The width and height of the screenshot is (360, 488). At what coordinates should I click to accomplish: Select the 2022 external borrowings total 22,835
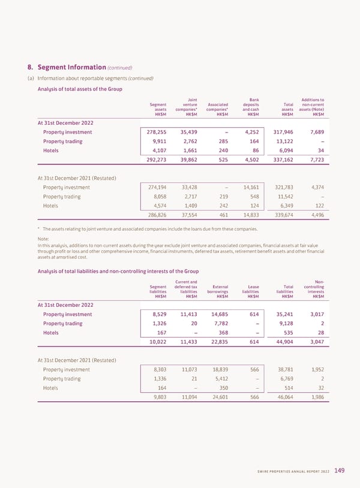point(219,342)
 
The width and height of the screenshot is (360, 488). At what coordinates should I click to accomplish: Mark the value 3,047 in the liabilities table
point(314,342)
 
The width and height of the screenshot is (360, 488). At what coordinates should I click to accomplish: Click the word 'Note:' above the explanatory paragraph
point(44,238)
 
